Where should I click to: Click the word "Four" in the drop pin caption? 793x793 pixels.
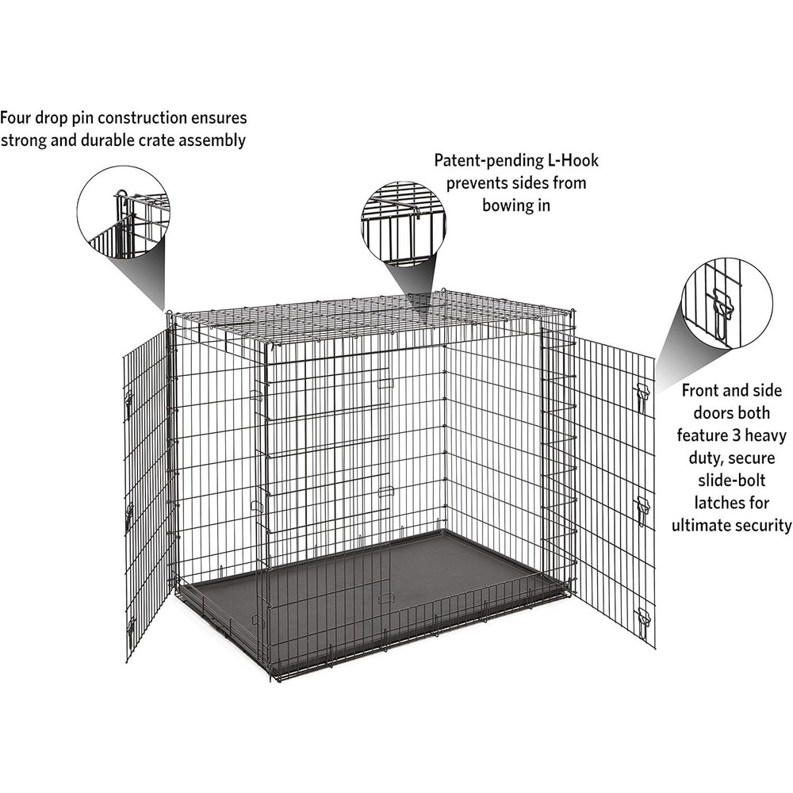pos(18,118)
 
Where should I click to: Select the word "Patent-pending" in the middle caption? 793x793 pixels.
pos(485,161)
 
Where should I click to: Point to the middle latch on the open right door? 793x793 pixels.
pos(642,504)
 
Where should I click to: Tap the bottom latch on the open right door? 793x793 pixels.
pos(644,617)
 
